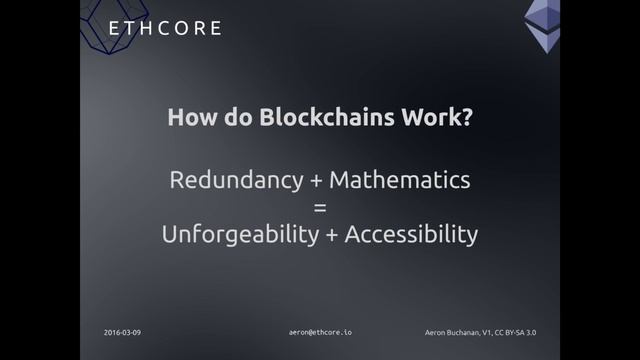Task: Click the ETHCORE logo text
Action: tap(165, 28)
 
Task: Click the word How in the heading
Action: tap(191, 117)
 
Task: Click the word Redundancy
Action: tap(236, 181)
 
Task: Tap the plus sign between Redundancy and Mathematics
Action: tap(316, 182)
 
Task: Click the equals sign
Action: tap(320, 208)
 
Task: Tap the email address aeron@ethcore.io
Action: tap(320, 331)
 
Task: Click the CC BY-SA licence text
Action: tap(531, 331)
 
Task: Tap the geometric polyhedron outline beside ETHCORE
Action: tap(104, 22)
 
